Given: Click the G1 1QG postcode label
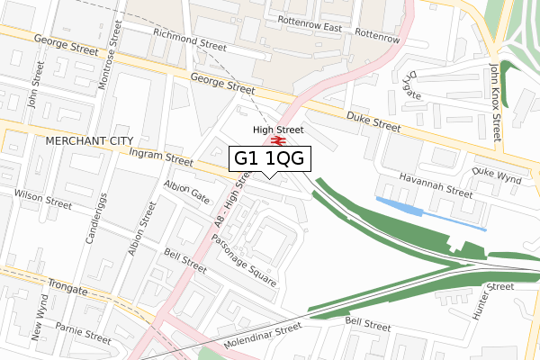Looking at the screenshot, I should pyautogui.click(x=271, y=158).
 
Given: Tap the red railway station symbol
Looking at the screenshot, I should pyautogui.click(x=279, y=141).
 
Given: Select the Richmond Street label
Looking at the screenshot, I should pyautogui.click(x=189, y=38).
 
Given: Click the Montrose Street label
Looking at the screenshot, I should pyautogui.click(x=113, y=33).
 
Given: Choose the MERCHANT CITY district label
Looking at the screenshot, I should pyautogui.click(x=87, y=141).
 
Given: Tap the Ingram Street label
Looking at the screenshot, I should pyautogui.click(x=161, y=157).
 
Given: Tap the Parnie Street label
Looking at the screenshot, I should pyautogui.click(x=81, y=336).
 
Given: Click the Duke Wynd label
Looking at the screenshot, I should pyautogui.click(x=497, y=175).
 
